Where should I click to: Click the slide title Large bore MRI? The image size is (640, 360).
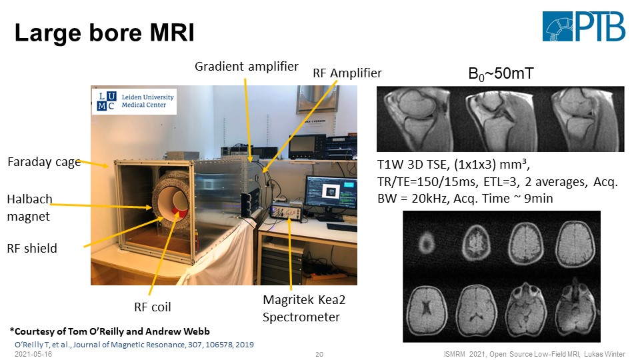(x=105, y=33)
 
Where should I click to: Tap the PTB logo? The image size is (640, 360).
(x=583, y=27)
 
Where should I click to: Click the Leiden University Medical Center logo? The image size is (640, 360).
(x=134, y=102)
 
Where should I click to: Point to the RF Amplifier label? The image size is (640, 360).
(x=347, y=73)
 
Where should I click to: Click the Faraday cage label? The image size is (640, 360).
(x=44, y=161)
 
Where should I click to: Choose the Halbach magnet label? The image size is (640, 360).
(x=29, y=207)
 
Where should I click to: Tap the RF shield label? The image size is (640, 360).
(x=32, y=248)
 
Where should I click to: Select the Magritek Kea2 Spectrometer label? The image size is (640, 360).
(x=304, y=309)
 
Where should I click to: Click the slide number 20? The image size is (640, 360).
(x=319, y=353)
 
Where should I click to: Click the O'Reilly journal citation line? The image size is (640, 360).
(x=134, y=343)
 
